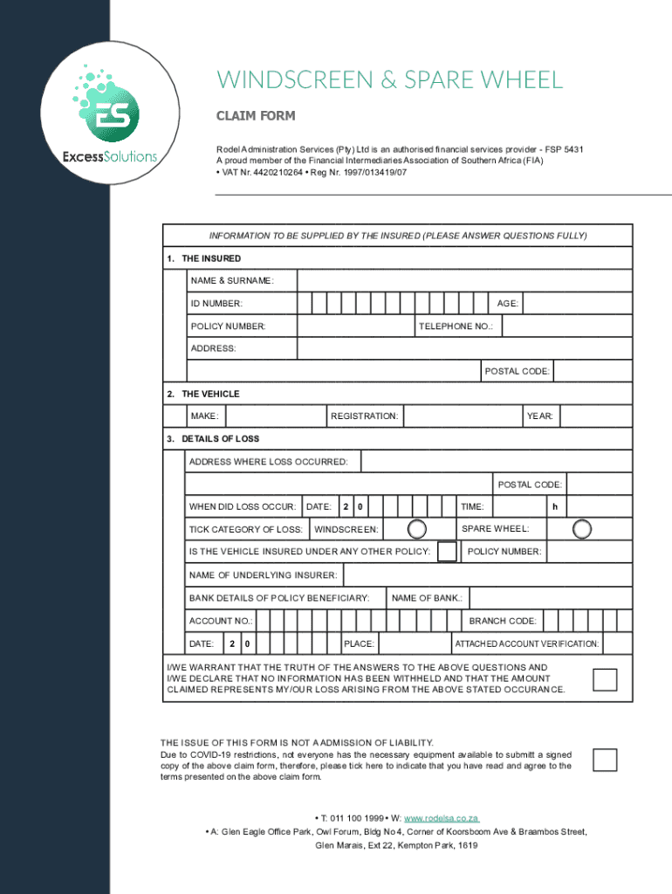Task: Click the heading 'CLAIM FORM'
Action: coord(256,116)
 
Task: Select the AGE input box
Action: coord(577,303)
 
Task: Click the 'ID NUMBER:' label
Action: coord(216,304)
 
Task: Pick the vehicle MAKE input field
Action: coord(276,416)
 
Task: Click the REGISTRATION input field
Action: coord(462,416)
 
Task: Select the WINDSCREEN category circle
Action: coord(418,529)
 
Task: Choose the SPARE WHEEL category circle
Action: coord(582,529)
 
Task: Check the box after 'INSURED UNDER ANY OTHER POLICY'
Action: coord(447,552)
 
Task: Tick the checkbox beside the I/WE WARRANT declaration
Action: coord(605,679)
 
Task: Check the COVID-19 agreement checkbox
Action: coord(605,760)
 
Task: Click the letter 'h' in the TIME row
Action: coord(553,507)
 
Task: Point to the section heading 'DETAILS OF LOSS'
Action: coord(220,438)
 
